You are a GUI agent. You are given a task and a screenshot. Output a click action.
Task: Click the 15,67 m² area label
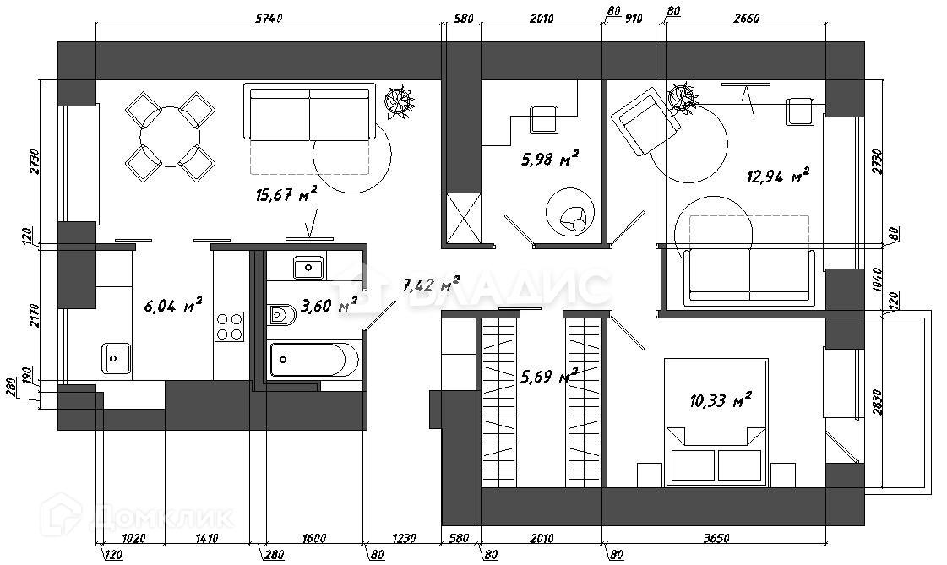(286, 195)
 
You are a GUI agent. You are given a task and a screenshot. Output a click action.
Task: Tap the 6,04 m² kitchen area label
(172, 306)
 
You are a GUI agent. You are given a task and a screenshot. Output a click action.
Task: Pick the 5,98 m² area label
(548, 159)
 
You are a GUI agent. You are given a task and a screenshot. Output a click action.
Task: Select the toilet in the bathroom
(281, 315)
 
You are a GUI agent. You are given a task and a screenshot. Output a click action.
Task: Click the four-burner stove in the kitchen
(229, 326)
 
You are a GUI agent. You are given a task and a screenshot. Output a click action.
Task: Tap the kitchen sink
(115, 357)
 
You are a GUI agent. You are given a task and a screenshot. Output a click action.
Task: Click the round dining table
(170, 138)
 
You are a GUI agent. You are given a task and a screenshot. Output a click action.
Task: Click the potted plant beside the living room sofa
(398, 101)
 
